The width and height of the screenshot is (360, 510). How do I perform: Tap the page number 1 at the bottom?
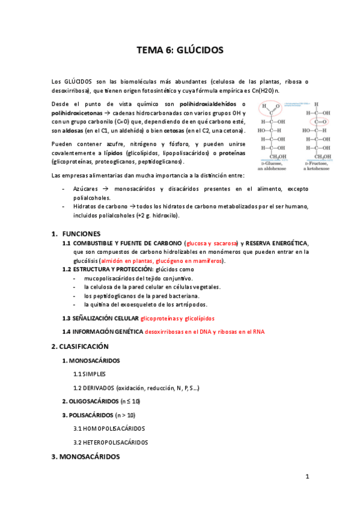307,477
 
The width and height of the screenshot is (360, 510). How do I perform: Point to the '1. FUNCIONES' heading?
76,233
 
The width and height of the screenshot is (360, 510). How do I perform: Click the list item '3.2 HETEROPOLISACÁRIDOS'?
111,442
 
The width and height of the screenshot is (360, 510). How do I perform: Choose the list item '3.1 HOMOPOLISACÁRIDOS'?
109,428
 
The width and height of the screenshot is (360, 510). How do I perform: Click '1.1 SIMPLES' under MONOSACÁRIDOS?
90,373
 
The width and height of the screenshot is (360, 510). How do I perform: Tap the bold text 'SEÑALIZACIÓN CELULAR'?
105,318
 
